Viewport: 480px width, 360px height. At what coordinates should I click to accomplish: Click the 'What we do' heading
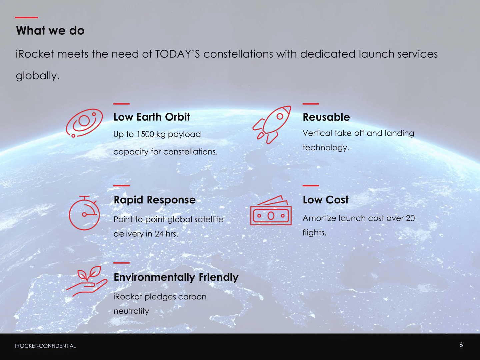[50, 30]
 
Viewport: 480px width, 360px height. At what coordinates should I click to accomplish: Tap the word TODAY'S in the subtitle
[177, 54]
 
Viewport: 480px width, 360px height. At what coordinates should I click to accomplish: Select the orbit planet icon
[84, 123]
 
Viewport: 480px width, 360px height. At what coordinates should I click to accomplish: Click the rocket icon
[272, 125]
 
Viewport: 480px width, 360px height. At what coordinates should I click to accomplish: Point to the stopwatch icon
[84, 213]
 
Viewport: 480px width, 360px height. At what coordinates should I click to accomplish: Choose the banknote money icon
[271, 210]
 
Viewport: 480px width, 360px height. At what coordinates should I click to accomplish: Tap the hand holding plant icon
[87, 281]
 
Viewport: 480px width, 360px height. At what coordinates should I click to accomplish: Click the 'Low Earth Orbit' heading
[152, 117]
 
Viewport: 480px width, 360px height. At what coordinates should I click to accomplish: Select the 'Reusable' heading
[326, 117]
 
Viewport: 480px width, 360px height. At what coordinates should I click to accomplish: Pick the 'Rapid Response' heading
[155, 200]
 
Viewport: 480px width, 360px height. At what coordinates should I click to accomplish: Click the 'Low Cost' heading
[325, 200]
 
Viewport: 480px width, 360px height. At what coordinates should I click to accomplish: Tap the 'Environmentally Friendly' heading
[176, 277]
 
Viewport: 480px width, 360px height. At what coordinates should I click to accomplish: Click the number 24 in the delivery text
[159, 234]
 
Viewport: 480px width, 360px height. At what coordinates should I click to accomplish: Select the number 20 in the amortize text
[410, 218]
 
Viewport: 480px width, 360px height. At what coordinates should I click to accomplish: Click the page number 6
[461, 345]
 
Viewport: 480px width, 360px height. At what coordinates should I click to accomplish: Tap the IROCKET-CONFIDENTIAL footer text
[45, 346]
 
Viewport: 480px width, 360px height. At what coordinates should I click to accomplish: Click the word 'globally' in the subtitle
[36, 76]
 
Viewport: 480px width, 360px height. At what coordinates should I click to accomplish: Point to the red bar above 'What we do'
[26, 17]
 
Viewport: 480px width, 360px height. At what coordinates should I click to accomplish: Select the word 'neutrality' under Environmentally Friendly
[131, 311]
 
